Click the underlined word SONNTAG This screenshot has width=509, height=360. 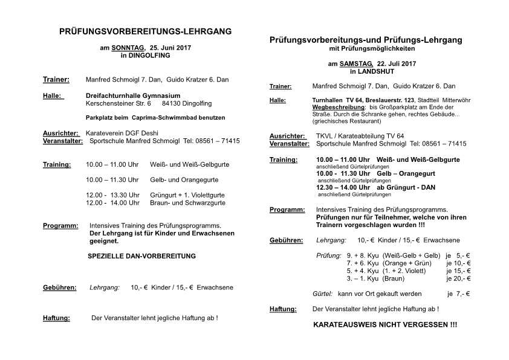click(x=127, y=47)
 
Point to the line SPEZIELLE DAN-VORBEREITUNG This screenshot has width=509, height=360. click(x=141, y=256)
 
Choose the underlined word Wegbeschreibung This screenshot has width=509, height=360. click(x=332, y=106)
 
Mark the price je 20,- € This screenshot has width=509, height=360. click(x=458, y=279)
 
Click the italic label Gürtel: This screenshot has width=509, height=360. click(x=322, y=294)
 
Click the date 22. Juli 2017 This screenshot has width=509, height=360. click(x=397, y=63)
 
